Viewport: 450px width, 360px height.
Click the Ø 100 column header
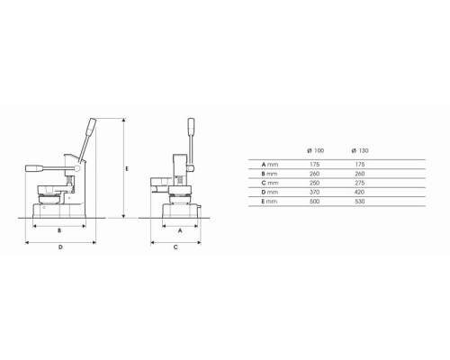(x=316, y=150)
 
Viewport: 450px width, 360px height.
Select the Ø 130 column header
(x=360, y=150)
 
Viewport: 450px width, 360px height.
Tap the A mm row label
(x=270, y=165)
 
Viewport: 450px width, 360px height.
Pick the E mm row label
(x=269, y=202)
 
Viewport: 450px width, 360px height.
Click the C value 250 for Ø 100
(x=314, y=183)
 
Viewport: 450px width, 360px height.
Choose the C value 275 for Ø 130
(x=359, y=183)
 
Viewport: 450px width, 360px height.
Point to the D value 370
(x=314, y=192)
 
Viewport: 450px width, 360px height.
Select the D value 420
(x=359, y=192)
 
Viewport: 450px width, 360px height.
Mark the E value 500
(x=314, y=202)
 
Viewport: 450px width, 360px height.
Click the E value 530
(x=359, y=202)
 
